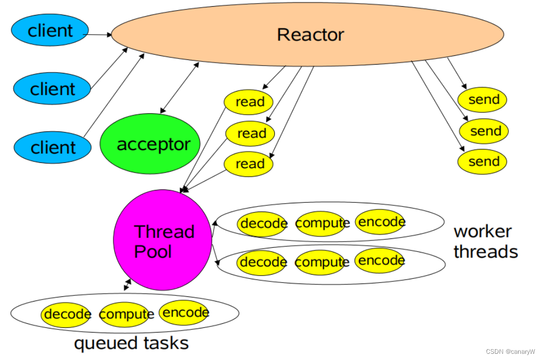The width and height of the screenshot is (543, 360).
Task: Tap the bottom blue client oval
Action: pos(52,147)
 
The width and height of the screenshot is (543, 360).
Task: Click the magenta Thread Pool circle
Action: pos(163,240)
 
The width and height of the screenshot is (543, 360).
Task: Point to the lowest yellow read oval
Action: pos(249,164)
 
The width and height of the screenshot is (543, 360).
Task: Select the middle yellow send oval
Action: pos(484,131)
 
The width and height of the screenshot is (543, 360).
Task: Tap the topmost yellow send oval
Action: pos(482,100)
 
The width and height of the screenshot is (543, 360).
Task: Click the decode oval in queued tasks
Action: pos(67,314)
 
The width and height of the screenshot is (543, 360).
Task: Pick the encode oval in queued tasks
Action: pos(185,312)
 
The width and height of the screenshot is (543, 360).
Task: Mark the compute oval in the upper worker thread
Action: pos(322,223)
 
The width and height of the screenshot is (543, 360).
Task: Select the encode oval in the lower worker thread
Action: pos(380,260)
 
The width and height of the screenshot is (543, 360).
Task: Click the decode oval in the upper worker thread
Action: pos(263,224)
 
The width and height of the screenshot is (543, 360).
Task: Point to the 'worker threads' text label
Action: pos(485,242)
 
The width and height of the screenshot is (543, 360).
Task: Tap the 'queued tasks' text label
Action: pos(131,343)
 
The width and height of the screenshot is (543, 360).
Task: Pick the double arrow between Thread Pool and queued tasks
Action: pos(127,284)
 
